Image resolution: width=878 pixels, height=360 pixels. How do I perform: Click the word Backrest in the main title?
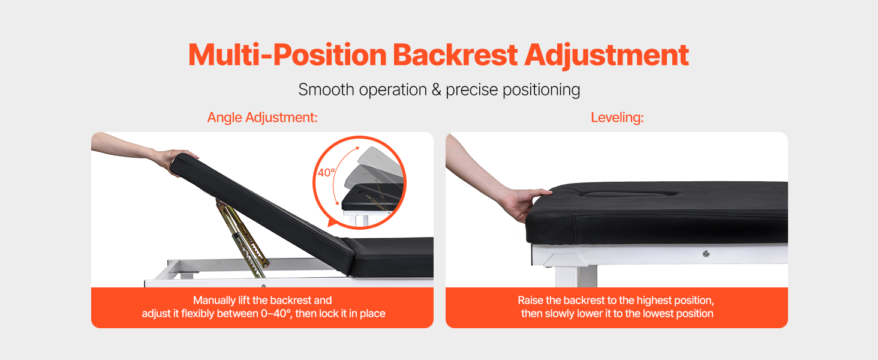tap(455, 55)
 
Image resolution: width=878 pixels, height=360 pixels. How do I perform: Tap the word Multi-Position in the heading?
tap(287, 55)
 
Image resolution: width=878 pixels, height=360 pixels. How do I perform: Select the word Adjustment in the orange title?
tap(606, 56)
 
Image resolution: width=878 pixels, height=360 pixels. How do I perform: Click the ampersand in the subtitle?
tap(436, 90)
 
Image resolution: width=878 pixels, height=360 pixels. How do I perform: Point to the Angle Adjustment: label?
tap(262, 117)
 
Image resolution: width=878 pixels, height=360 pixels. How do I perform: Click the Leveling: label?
tap(617, 117)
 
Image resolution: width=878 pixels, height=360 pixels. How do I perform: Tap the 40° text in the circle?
tap(326, 173)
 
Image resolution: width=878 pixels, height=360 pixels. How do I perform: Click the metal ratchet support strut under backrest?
tap(242, 235)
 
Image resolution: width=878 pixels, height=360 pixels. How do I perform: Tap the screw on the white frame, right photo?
tap(706, 254)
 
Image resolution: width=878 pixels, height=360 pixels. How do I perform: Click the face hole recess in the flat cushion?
tap(630, 194)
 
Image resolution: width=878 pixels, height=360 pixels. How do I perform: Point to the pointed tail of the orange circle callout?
tap(329, 225)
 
